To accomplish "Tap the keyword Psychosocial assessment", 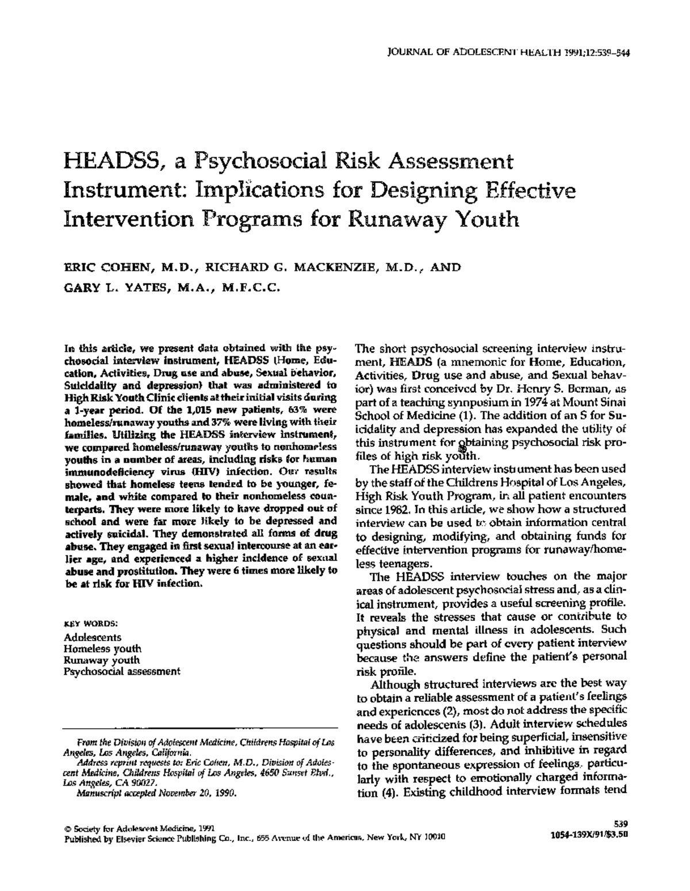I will pos(122,671).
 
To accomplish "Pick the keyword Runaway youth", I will pos(102,660).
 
